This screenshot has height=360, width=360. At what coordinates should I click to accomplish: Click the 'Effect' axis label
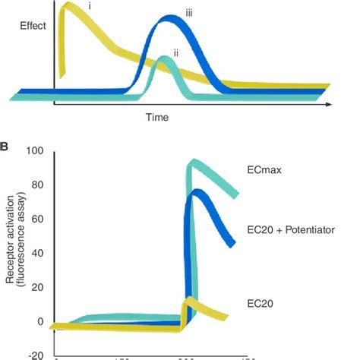tap(35, 26)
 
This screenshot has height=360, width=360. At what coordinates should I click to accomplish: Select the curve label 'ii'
tap(175, 52)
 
